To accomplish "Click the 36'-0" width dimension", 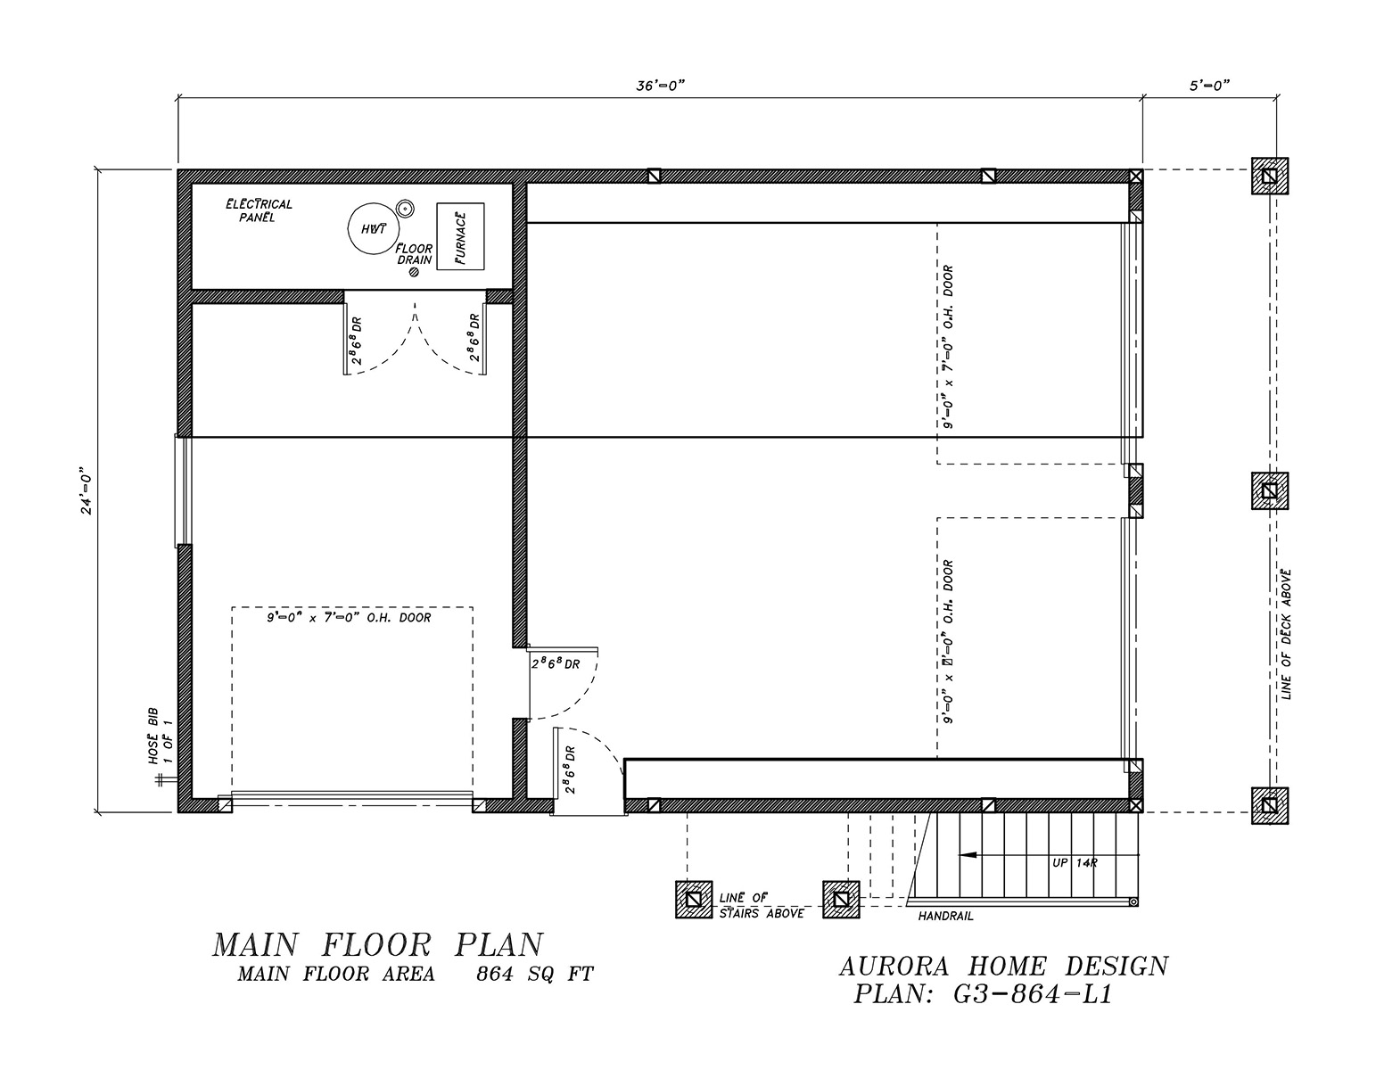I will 660,86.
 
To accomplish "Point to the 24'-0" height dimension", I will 86,490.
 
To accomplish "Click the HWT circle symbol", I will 373,229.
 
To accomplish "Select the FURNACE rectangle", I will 460,236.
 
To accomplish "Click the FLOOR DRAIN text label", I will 415,254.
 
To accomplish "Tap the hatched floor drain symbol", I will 414,273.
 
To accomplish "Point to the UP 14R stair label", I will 1073,862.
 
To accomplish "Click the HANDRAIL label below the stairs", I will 945,916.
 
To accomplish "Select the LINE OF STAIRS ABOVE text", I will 761,905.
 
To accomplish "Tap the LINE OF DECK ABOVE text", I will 1286,634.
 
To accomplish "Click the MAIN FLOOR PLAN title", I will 377,944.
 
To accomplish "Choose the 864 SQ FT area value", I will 534,975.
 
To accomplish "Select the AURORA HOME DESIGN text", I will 1003,965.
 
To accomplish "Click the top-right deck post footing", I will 1269,176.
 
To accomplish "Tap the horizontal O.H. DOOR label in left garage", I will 349,617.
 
